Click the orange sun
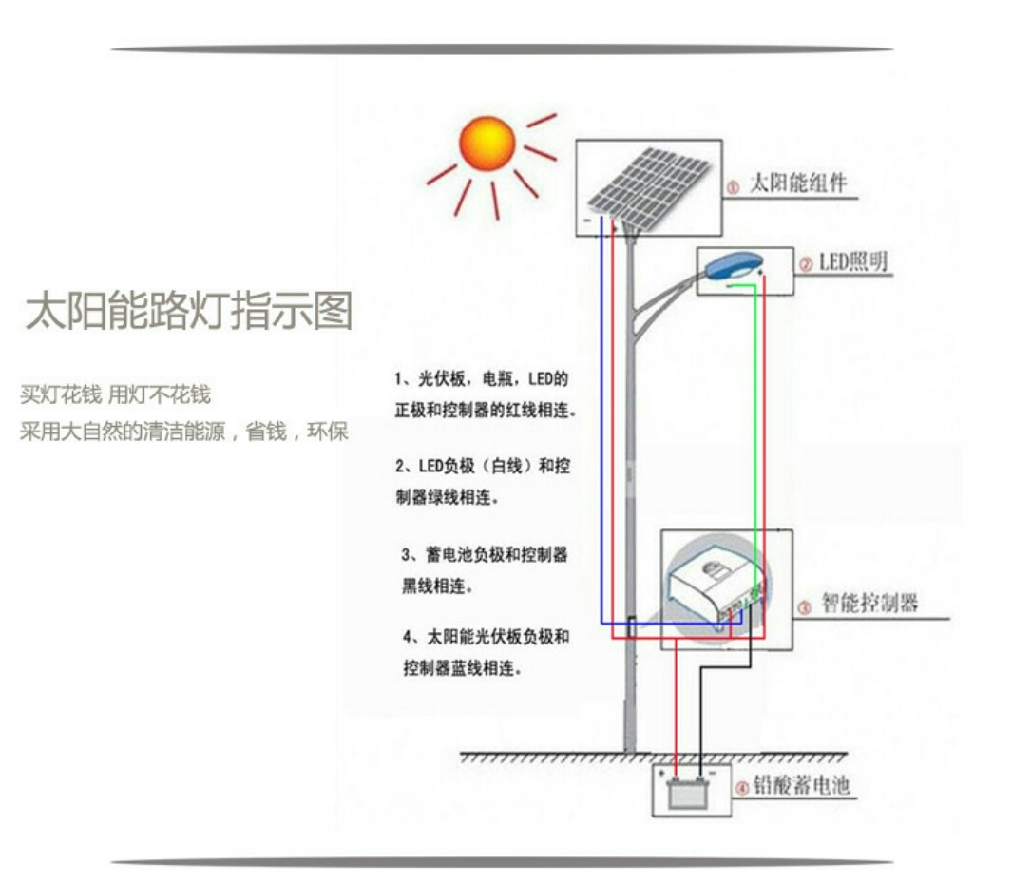coord(487,144)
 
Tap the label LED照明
coord(853,261)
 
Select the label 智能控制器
coord(869,604)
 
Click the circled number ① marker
coord(733,188)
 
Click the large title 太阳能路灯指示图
coord(188,312)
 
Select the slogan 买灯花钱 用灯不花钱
coord(115,394)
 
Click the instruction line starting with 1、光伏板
coord(482,378)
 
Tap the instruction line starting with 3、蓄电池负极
coord(485,555)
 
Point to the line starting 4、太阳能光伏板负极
coord(486,637)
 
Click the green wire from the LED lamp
coord(755,428)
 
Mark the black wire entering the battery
coord(701,722)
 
